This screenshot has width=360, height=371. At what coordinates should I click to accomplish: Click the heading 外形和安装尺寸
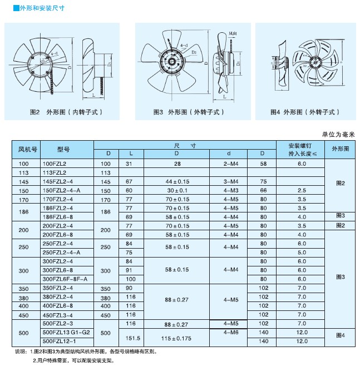click(34, 8)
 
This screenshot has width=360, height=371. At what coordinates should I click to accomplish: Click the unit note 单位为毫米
click(338, 135)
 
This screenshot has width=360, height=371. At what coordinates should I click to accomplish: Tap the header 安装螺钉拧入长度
click(302, 150)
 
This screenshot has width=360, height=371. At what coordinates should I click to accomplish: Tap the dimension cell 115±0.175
click(177, 337)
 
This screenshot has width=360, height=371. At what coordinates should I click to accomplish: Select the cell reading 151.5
click(132, 337)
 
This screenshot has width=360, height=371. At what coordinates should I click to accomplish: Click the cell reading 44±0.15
click(177, 182)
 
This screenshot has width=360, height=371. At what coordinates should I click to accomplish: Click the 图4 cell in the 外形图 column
click(341, 335)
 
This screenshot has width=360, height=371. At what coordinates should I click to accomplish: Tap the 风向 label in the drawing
click(233, 34)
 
